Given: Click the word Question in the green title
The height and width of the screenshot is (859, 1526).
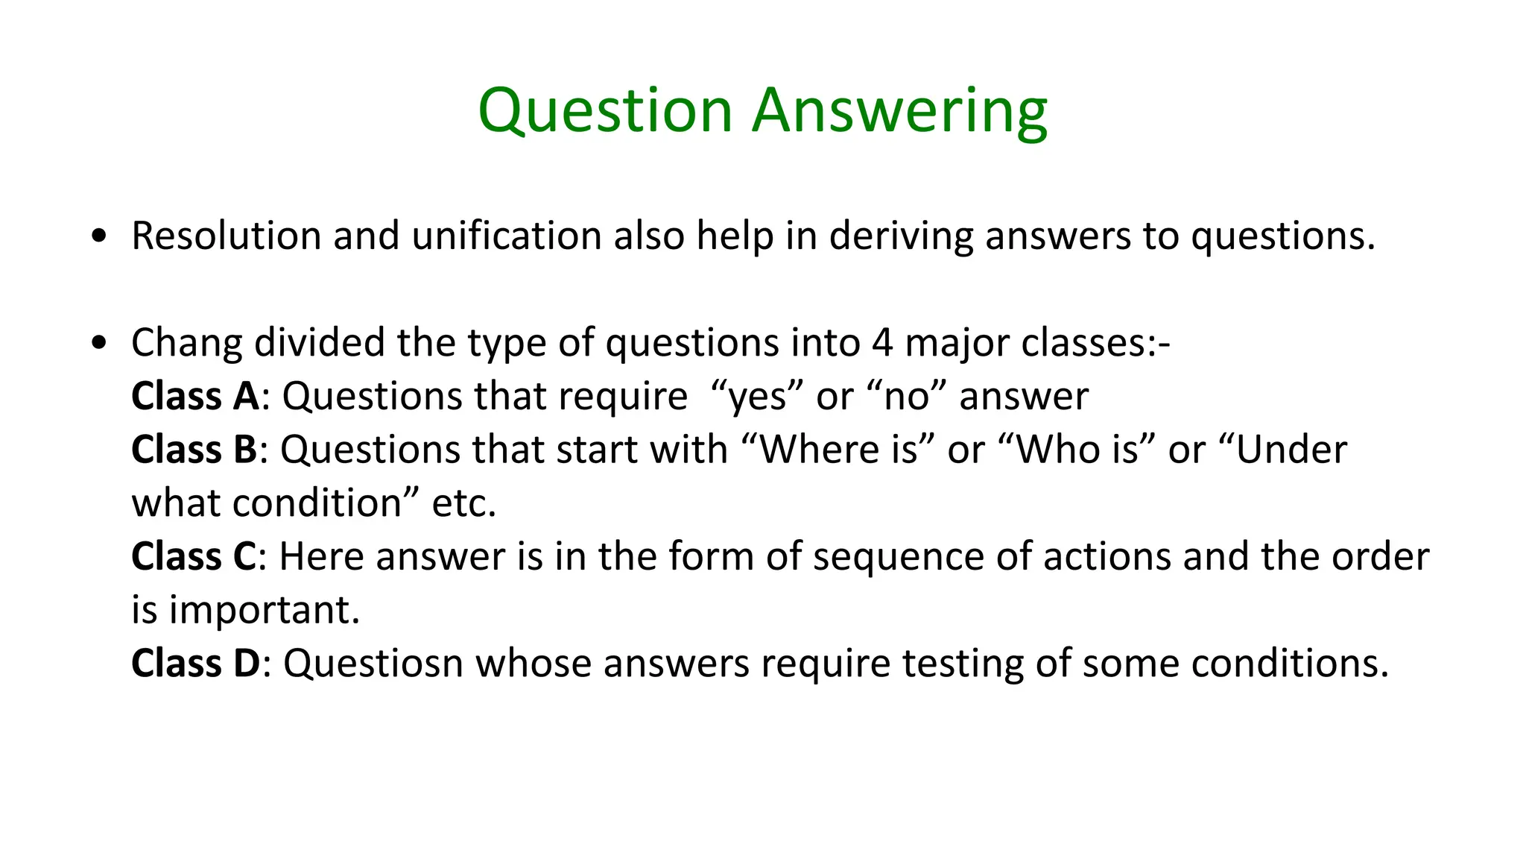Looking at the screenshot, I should click(x=605, y=111).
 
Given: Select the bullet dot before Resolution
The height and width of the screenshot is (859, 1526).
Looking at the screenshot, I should click(x=98, y=236).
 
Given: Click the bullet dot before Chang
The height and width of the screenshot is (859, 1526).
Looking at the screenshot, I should click(x=98, y=344).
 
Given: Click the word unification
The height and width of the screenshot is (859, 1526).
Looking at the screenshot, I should click(x=507, y=236).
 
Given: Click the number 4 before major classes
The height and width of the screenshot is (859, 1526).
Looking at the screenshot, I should click(x=881, y=344).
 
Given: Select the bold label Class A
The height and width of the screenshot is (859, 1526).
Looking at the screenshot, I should click(x=195, y=396).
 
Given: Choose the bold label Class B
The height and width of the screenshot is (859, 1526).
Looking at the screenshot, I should click(x=194, y=450).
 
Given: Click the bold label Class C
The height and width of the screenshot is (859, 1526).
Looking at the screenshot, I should click(x=194, y=557).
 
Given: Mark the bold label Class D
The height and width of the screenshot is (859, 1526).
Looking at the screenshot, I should click(x=195, y=664).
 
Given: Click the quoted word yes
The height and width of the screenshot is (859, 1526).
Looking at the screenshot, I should click(x=757, y=397).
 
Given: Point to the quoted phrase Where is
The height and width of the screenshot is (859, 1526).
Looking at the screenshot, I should click(x=838, y=450).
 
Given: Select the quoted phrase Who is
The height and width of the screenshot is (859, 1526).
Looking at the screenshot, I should click(x=1077, y=450).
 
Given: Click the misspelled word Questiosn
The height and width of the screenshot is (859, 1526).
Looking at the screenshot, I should click(x=373, y=664).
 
